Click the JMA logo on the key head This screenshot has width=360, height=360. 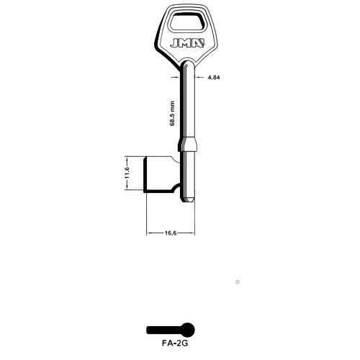point(187,43)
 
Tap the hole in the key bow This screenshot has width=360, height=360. point(186,22)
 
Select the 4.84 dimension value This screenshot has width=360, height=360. point(214,77)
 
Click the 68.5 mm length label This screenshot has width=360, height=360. point(172,113)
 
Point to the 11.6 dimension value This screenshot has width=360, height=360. point(127,172)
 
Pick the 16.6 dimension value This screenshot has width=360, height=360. point(171,233)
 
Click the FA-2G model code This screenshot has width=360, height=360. point(175,343)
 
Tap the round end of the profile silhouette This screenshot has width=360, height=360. point(187,330)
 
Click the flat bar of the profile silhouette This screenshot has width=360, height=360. point(163,330)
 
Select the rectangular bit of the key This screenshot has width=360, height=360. point(161,174)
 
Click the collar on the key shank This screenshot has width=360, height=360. point(188,144)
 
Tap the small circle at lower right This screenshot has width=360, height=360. point(238,282)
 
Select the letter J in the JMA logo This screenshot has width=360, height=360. point(174,43)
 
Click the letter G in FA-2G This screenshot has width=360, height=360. point(185,343)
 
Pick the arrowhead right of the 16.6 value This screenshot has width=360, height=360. point(192,233)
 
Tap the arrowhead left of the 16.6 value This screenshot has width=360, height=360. point(149,233)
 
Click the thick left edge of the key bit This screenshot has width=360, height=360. point(145,174)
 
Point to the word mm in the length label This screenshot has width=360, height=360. point(172,105)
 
